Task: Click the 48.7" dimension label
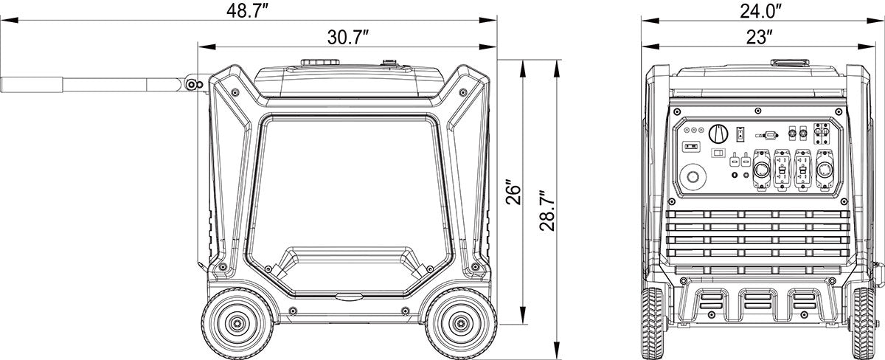[247, 10]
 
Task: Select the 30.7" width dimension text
[347, 38]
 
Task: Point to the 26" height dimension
[513, 193]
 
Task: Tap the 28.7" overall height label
[547, 211]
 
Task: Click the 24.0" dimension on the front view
[761, 10]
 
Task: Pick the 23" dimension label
[760, 38]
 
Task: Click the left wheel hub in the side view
[237, 323]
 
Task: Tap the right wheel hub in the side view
[461, 323]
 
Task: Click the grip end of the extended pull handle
[32, 85]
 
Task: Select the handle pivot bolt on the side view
[192, 85]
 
